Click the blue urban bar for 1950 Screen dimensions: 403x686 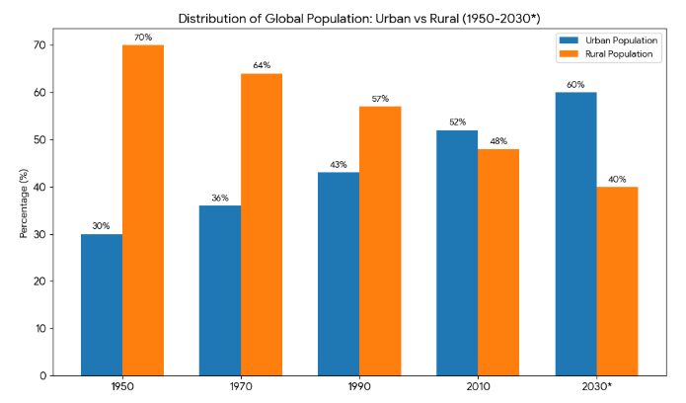[102, 304]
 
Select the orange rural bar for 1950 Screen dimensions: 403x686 [143, 210]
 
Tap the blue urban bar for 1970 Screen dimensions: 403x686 [220, 290]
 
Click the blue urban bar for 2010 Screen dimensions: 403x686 [457, 253]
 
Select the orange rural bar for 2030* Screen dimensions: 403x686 [617, 281]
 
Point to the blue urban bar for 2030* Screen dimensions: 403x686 [575, 233]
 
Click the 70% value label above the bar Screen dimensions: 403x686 [143, 38]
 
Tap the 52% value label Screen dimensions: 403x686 [457, 122]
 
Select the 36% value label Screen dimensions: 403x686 [220, 198]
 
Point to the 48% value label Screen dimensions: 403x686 [498, 141]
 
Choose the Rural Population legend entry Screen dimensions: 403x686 [618, 54]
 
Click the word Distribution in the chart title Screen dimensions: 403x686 [209, 18]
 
